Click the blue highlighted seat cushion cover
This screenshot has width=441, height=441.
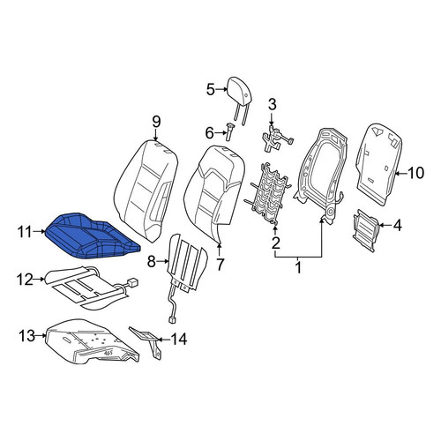pyautogui.click(x=92, y=236)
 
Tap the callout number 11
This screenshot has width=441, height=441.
pyautogui.click(x=25, y=232)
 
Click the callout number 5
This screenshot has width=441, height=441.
pyautogui.click(x=211, y=89)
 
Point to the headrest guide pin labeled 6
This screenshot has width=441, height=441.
pyautogui.click(x=229, y=132)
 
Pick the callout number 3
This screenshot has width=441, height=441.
pyautogui.click(x=272, y=105)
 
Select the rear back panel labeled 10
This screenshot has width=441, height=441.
pyautogui.click(x=378, y=165)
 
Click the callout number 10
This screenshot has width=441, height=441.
pyautogui.click(x=415, y=173)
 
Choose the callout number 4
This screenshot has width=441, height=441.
pyautogui.click(x=398, y=226)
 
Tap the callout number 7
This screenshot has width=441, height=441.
pyautogui.click(x=220, y=264)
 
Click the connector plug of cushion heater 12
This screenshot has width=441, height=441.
pyautogui.click(x=131, y=282)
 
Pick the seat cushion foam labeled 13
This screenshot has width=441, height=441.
pyautogui.click(x=92, y=341)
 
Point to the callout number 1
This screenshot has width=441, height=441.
pyautogui.click(x=298, y=267)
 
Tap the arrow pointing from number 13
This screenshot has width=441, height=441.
pyautogui.click(x=41, y=335)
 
